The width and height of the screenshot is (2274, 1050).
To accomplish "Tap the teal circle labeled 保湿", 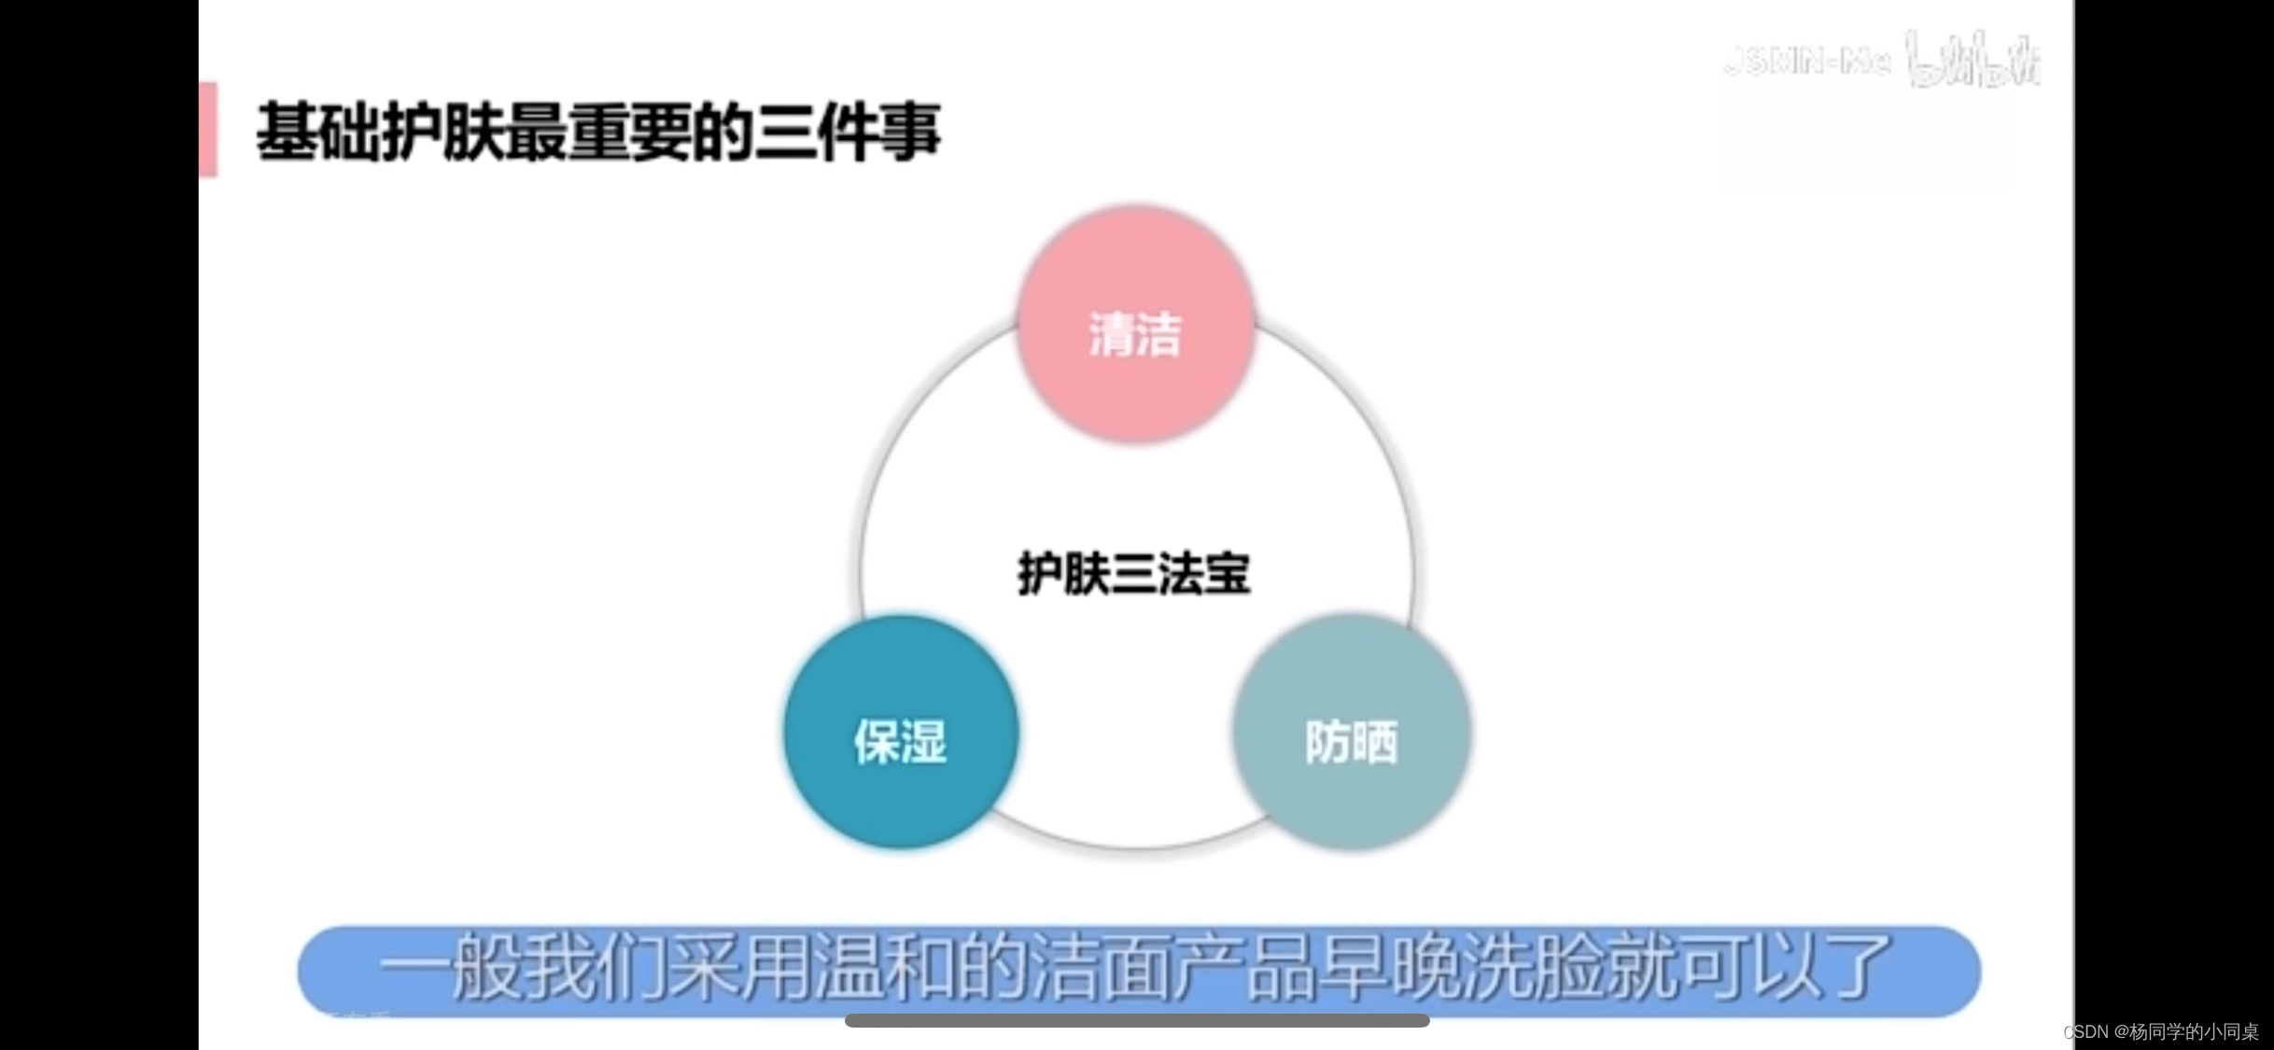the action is point(901,734).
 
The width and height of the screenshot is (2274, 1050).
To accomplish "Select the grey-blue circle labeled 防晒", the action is point(1352,734).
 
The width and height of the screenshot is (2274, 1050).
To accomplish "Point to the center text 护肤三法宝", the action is point(1133,573).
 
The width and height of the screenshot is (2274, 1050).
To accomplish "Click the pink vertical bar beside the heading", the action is point(208,130).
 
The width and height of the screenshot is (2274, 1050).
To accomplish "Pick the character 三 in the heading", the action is point(784,132).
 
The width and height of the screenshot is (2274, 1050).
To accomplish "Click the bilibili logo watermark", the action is point(1972,60).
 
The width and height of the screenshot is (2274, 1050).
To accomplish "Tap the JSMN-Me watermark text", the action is point(1807,62).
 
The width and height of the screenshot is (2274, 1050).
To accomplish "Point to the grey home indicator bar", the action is point(1137,1021).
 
